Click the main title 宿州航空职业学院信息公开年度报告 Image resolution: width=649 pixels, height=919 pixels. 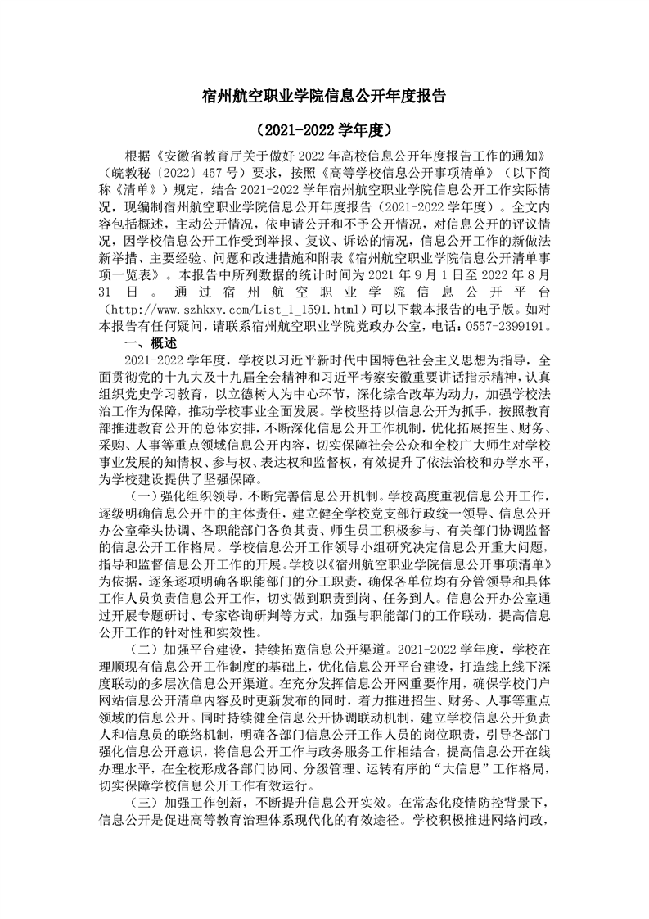click(324, 95)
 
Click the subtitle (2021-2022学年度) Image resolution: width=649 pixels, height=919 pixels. click(324, 129)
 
